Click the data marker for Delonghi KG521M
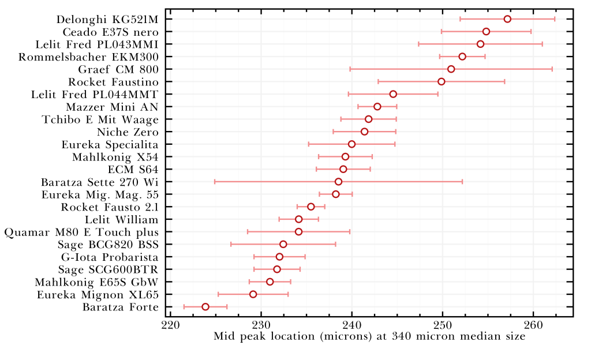tap(507, 19)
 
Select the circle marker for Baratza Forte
tap(205, 306)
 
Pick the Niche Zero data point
tap(364, 132)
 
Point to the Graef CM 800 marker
tap(451, 69)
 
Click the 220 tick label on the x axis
tap(170, 326)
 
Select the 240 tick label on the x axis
tap(351, 326)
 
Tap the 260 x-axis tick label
tap(533, 326)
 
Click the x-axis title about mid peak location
tap(369, 336)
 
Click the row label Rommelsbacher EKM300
tap(88, 57)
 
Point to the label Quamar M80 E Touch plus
tap(81, 232)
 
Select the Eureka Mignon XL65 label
tap(98, 294)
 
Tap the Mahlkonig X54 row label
tap(115, 157)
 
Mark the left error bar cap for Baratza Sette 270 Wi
tap(215, 182)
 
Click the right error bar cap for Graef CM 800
tap(552, 69)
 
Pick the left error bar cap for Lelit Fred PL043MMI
tap(418, 44)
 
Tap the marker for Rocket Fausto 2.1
tap(311, 207)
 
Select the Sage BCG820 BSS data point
tap(283, 244)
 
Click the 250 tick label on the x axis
tap(443, 326)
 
